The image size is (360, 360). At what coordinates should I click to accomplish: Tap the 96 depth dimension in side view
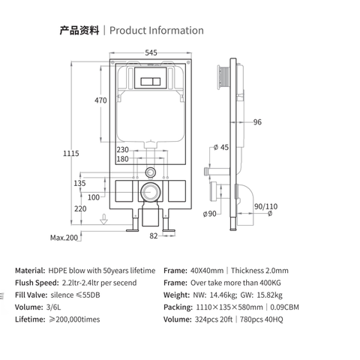[x=257, y=123]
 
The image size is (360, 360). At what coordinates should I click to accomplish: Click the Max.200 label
[x=65, y=238]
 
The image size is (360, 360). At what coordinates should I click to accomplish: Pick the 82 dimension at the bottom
[x=153, y=236]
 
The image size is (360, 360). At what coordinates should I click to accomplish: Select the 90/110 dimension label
[x=265, y=206]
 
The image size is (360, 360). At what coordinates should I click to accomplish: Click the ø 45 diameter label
[x=222, y=146]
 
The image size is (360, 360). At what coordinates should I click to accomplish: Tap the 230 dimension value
[x=122, y=148]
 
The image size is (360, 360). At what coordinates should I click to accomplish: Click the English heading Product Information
[x=156, y=31]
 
